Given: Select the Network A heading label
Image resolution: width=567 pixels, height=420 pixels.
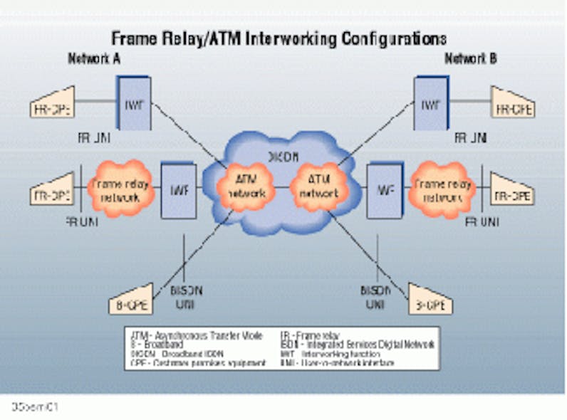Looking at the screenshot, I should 93,59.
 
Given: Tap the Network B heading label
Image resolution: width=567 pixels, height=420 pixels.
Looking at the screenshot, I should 471,59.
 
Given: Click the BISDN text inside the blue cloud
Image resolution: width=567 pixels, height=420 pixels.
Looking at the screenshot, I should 283,155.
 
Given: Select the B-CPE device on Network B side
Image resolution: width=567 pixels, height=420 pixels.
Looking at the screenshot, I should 430,303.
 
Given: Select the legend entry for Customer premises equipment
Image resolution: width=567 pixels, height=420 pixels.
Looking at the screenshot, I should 199,362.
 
